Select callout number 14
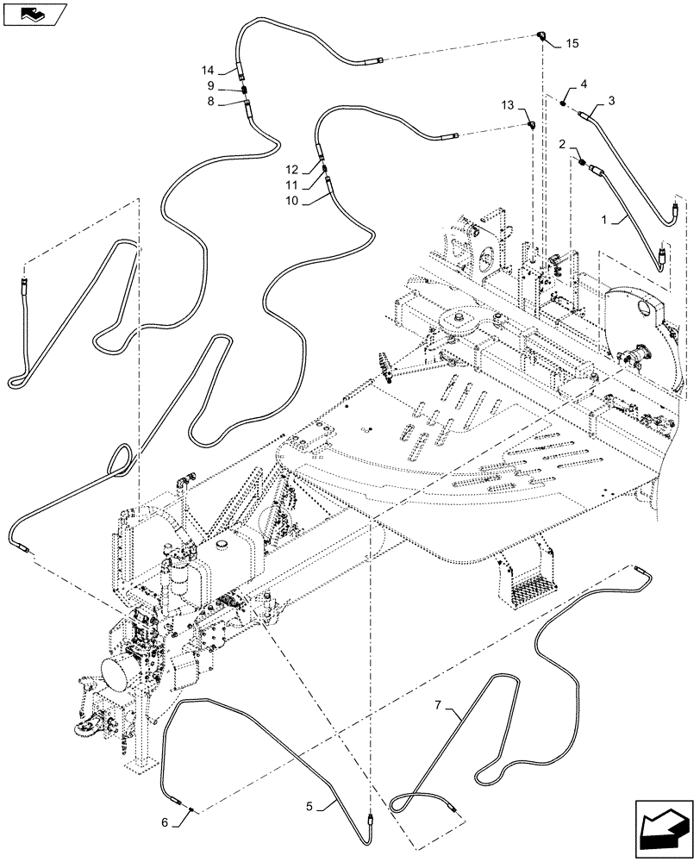207,70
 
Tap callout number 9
209,86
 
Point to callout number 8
209,102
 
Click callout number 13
508,105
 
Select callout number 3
611,101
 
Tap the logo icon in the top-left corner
33,14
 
